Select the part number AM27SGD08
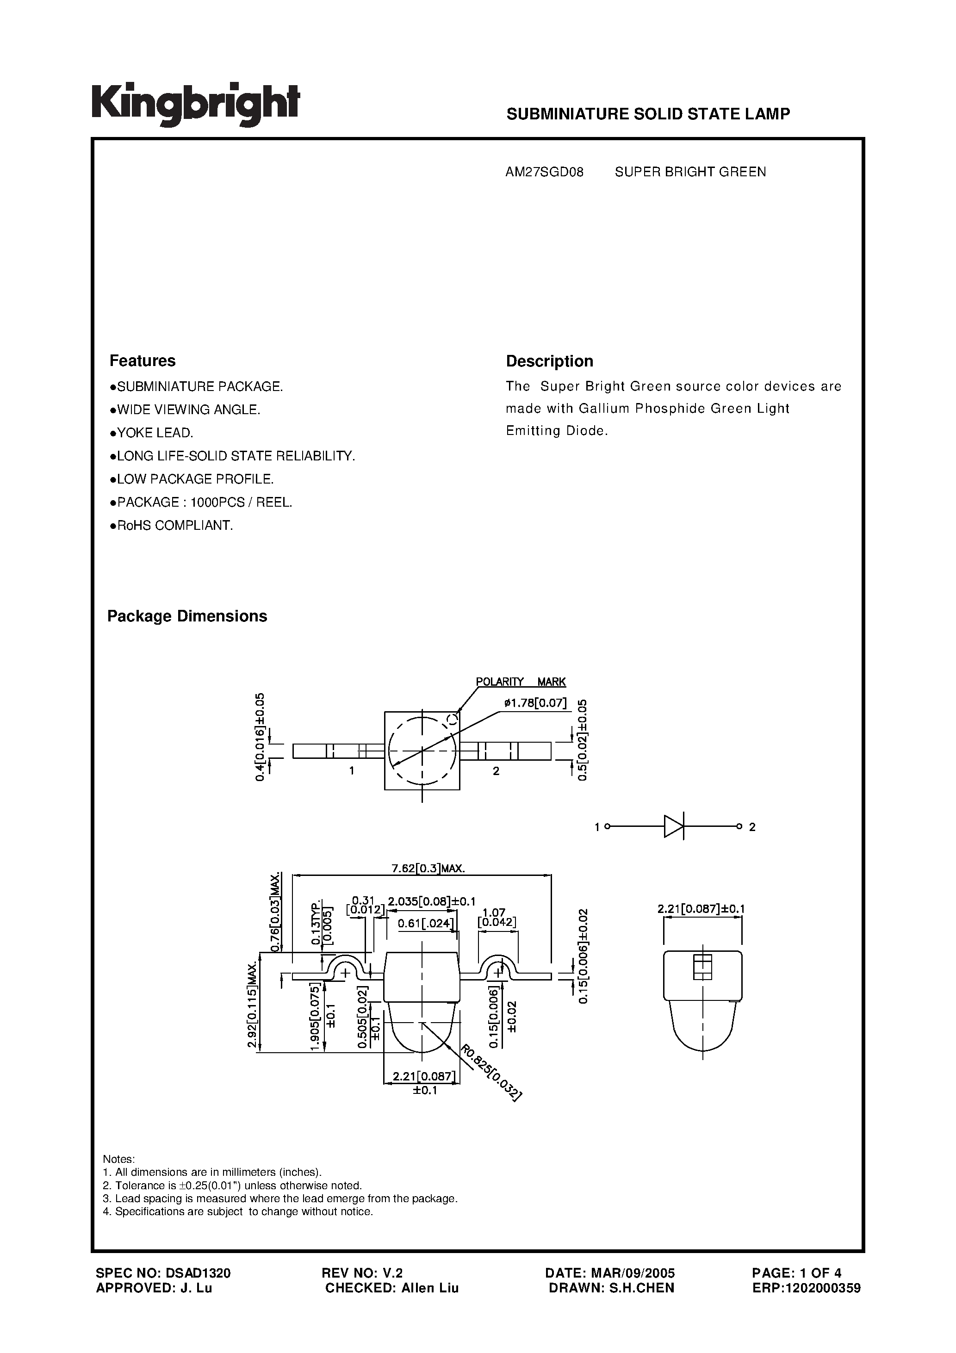tap(544, 172)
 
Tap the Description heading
tap(549, 361)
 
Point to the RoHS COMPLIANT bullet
tap(172, 525)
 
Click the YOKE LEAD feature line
tap(152, 433)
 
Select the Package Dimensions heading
tap(187, 616)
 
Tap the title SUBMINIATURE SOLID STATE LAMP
tap(648, 114)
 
